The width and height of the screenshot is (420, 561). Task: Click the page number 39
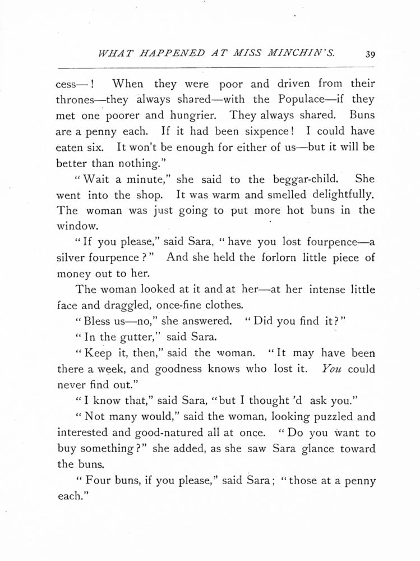(x=369, y=54)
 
